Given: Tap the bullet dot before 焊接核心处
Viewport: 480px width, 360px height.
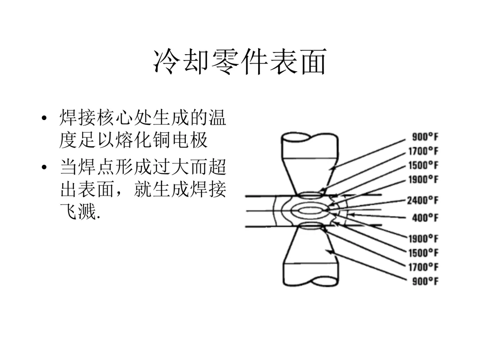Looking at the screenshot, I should click(x=44, y=119).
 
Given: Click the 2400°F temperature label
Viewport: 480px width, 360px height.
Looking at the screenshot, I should click(x=422, y=200).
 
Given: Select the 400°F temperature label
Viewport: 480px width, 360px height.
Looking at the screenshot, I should click(x=425, y=218).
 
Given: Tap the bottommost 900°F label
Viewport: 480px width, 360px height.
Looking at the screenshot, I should click(x=425, y=281).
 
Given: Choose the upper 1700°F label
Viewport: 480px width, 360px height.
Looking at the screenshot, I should click(x=423, y=151).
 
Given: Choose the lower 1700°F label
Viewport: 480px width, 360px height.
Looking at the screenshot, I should click(x=423, y=267).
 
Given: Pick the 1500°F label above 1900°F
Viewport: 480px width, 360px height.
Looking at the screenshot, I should click(x=423, y=165).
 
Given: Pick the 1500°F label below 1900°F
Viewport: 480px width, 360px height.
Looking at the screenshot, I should click(x=423, y=253).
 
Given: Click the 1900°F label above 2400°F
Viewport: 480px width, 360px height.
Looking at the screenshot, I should click(x=423, y=180).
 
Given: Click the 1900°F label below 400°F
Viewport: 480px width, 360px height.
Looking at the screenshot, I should click(x=423, y=239).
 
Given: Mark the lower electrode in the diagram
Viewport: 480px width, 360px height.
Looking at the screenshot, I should click(x=309, y=258).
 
